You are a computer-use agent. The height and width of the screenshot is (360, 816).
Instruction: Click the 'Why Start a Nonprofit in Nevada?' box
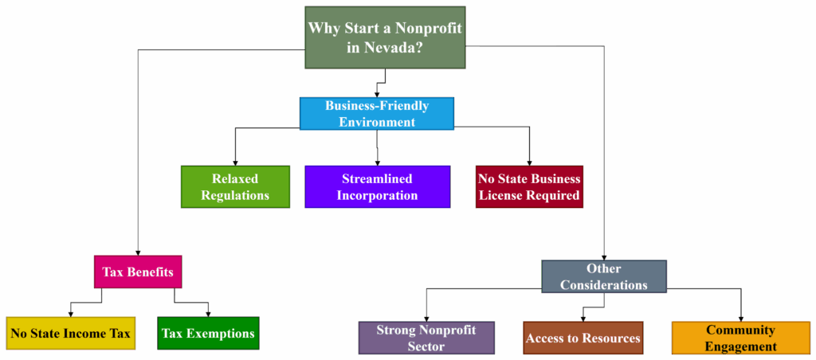pos(385,37)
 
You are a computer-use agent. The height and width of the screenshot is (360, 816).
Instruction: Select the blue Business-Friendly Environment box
pos(377,113)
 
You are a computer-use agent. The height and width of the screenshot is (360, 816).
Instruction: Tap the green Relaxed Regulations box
pos(235,186)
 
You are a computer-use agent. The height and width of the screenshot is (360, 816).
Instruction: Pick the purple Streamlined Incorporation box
pos(377,186)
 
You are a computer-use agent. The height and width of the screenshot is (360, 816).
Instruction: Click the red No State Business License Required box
pos(529,186)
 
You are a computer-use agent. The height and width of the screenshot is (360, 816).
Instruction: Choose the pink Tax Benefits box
pos(138,272)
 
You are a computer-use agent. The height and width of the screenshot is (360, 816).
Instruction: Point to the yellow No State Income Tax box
pos(71,333)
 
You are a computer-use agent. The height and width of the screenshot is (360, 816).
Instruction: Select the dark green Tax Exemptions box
pos(208,333)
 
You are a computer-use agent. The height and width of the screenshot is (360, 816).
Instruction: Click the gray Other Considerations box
pos(604,276)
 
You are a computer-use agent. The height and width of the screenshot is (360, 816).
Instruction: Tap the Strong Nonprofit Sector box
pos(426,338)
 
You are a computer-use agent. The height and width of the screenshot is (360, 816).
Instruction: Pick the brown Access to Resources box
pos(583,338)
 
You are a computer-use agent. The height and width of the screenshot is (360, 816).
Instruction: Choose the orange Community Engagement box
pos(741,338)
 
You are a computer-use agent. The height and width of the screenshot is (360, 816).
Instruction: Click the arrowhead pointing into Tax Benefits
pos(138,252)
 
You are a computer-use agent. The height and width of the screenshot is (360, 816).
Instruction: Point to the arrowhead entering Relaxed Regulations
pos(235,162)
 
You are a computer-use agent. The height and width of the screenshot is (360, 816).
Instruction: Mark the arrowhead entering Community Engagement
pos(741,319)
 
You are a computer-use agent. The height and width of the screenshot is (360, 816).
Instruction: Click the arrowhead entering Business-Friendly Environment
pos(377,94)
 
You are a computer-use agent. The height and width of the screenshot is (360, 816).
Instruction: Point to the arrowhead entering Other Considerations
pos(604,257)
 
